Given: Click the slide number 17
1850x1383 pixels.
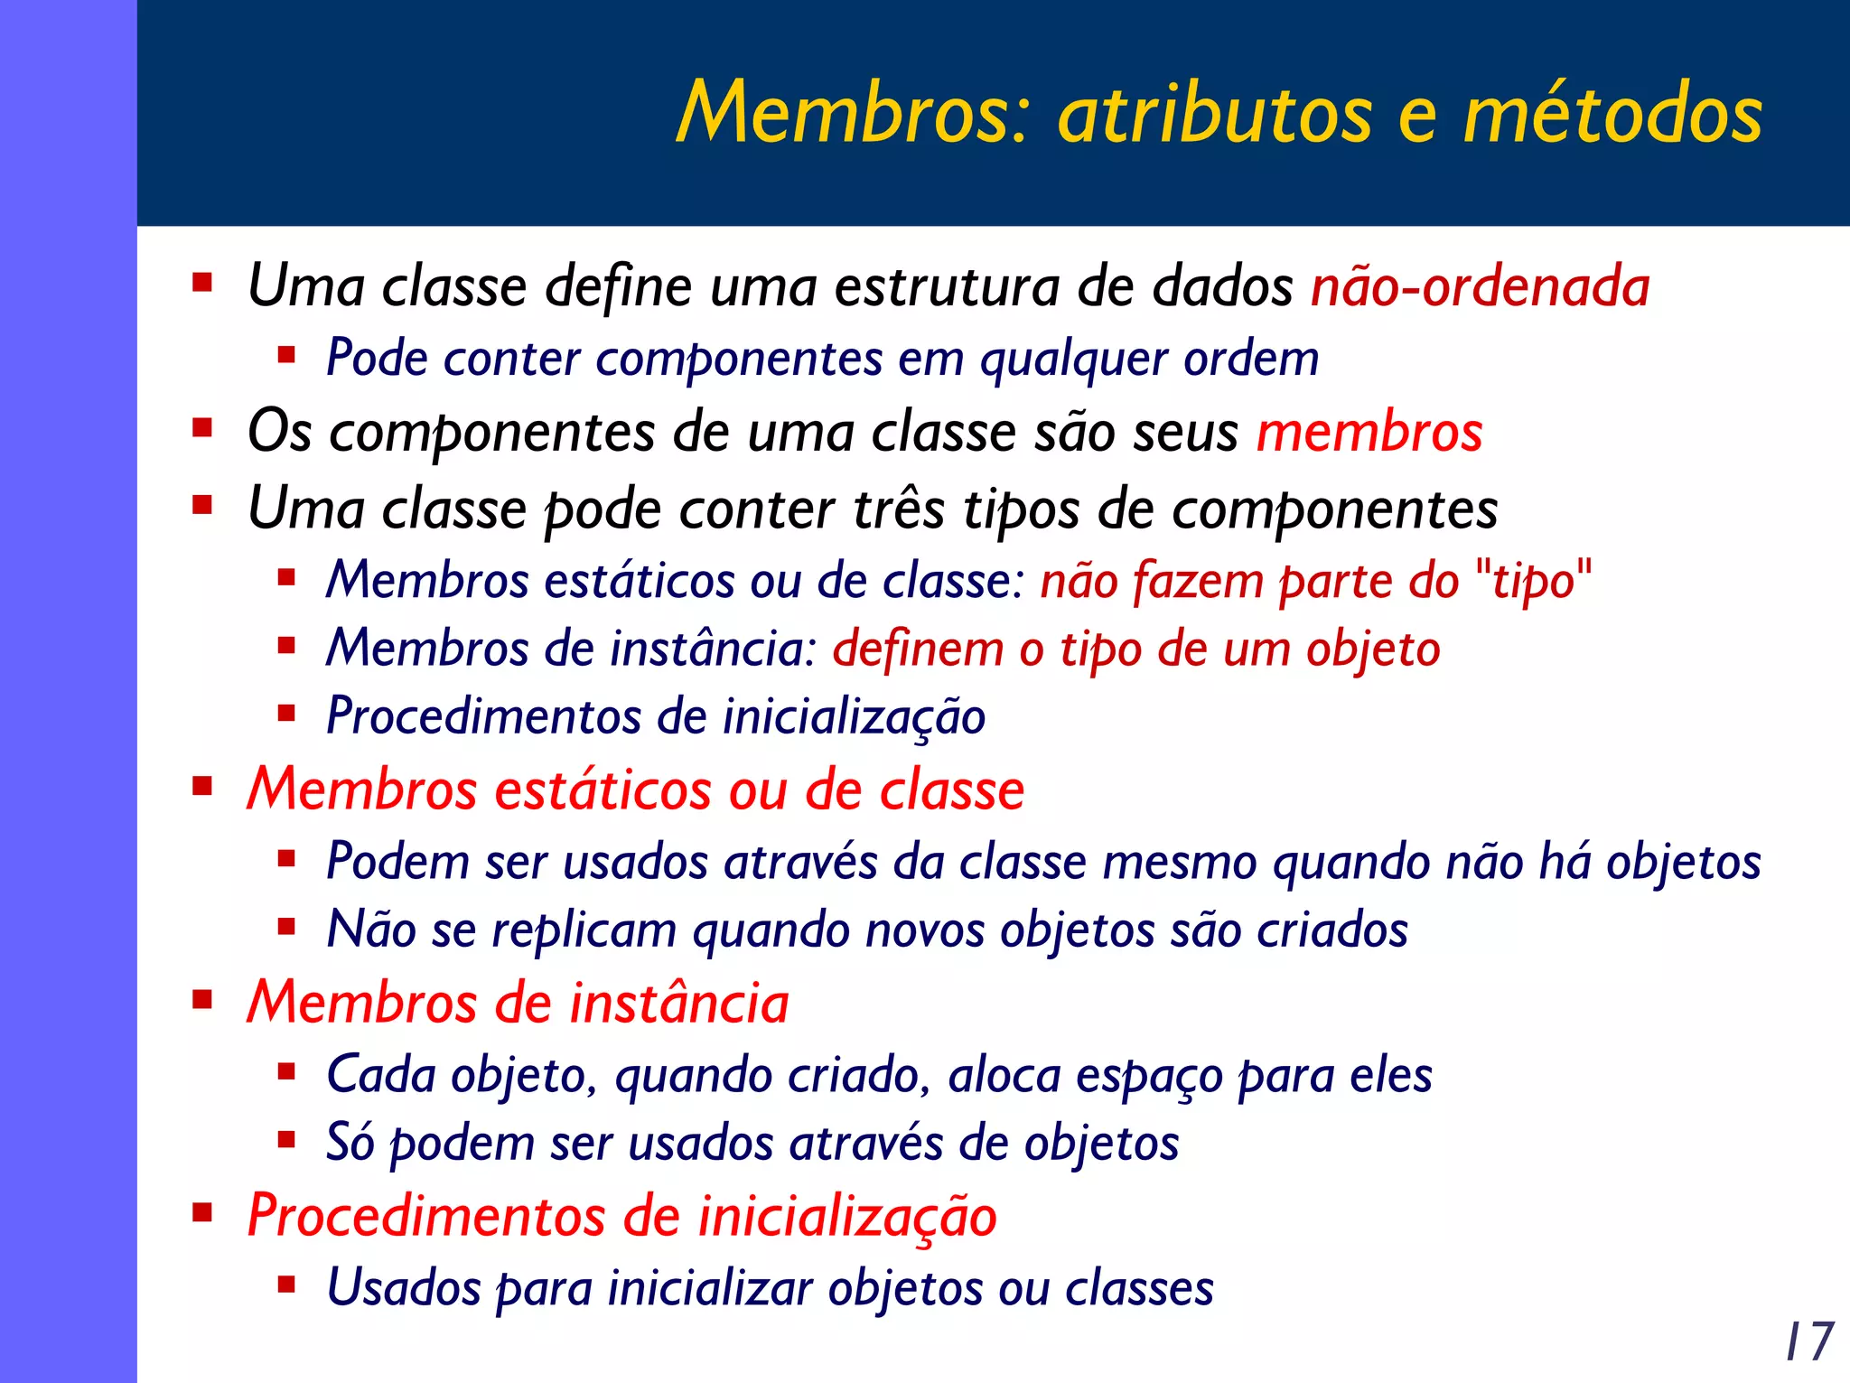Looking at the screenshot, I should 1809,1341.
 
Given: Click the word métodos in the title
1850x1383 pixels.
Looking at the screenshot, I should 1612,112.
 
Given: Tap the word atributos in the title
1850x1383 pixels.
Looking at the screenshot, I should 1215,114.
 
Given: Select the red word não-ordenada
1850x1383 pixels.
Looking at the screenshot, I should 1480,286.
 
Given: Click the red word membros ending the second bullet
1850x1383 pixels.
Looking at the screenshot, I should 1369,432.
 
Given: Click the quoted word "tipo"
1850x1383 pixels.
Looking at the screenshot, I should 1533,580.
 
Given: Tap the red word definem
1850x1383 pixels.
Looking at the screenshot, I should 918,649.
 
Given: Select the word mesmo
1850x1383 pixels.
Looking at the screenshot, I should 1179,861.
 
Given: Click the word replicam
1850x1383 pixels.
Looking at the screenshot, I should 584,930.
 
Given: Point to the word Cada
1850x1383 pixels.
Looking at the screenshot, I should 380,1074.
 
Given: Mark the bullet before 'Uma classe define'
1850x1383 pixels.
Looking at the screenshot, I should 202,282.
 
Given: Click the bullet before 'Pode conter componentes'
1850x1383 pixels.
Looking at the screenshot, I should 287,355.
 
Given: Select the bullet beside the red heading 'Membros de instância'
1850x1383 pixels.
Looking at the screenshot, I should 202,999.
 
